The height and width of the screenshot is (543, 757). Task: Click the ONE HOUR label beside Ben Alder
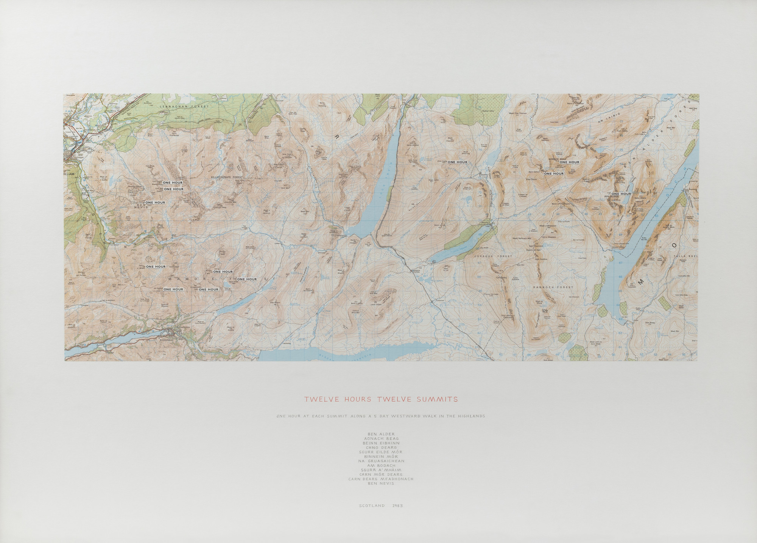pos(621,194)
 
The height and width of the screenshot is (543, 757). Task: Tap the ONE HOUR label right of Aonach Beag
pos(569,162)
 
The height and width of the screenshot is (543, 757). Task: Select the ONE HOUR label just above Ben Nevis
pos(155,203)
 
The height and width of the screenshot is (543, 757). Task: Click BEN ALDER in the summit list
pos(381,434)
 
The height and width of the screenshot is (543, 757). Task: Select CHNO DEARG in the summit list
pos(381,448)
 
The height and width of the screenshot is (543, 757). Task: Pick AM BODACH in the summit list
pos(381,466)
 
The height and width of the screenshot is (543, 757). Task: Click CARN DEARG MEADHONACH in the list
pos(381,479)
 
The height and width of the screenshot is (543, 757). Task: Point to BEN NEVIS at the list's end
pos(381,484)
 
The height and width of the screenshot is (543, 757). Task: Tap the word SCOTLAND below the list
pos(371,506)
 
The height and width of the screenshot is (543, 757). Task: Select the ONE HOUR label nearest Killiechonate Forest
pos(173,183)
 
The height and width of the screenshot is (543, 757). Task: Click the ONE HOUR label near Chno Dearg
pos(457,162)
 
